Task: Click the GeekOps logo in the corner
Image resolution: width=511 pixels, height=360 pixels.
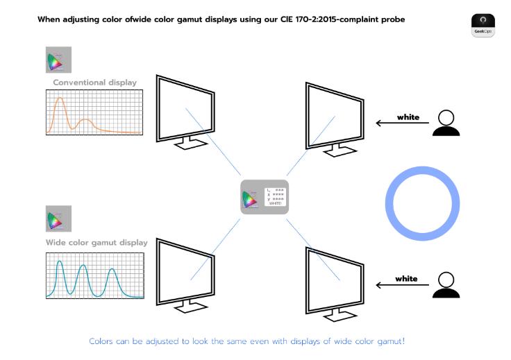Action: [x=483, y=25]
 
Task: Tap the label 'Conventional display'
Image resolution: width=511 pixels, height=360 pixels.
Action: [x=94, y=83]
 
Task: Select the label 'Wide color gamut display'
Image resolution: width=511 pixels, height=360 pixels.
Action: [x=97, y=243]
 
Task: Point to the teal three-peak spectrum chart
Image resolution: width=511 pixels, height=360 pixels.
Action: [x=94, y=275]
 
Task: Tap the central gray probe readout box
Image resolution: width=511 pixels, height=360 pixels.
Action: [x=265, y=197]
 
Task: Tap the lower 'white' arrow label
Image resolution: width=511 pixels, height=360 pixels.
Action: [x=406, y=279]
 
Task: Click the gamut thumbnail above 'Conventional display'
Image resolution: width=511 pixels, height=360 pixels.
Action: [x=58, y=60]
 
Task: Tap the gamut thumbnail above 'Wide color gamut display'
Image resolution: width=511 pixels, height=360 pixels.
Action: [x=58, y=220]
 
